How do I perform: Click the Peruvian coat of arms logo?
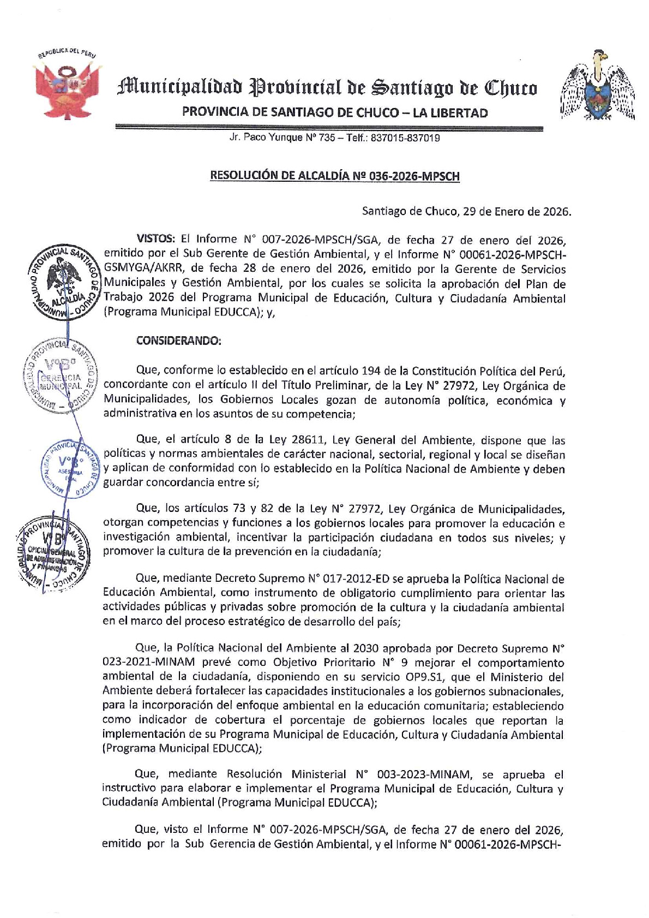point(67,86)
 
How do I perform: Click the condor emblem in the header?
point(598,86)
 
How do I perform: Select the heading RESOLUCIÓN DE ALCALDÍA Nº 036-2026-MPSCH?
point(335,176)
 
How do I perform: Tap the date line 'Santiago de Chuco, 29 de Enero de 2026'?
point(466,211)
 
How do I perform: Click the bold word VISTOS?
point(155,239)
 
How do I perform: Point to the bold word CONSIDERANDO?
point(178,341)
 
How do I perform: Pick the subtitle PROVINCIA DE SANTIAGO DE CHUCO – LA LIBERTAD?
point(335,113)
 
